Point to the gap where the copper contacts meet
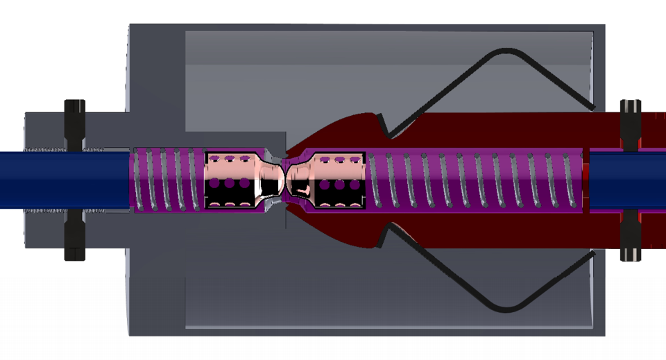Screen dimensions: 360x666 285,179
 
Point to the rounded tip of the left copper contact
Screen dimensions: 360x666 275,179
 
